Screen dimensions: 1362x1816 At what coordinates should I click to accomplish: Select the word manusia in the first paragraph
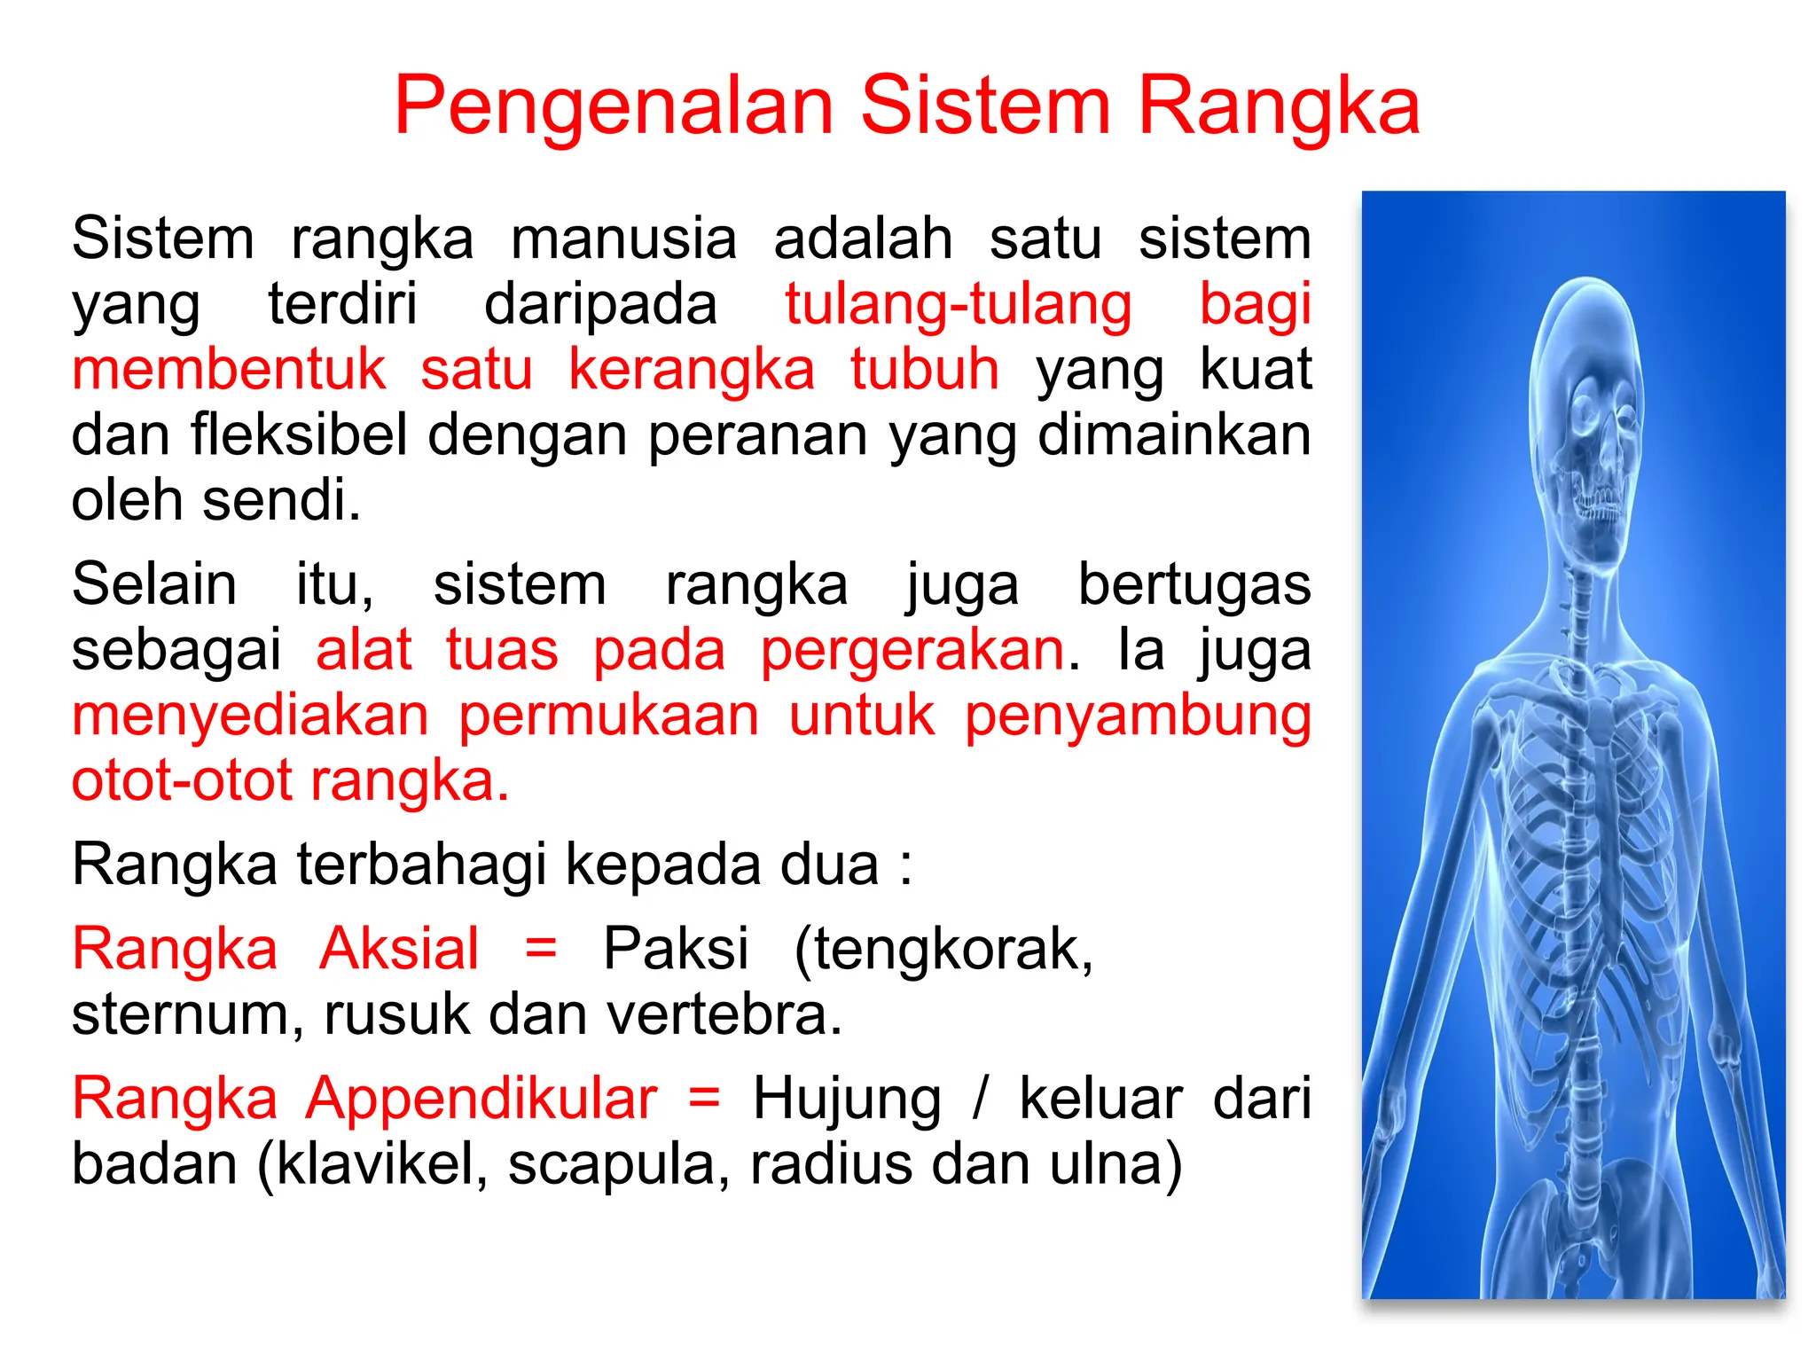623,239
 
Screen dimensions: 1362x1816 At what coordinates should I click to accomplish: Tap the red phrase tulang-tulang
958,305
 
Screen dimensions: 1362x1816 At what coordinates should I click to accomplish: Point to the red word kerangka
691,370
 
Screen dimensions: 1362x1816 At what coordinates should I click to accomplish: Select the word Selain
154,585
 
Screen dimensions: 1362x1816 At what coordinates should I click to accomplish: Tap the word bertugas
1194,585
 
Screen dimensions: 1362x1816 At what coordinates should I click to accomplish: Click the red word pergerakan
912,650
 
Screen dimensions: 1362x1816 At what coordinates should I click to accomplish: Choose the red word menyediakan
250,716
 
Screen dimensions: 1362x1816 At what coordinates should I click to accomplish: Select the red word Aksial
399,949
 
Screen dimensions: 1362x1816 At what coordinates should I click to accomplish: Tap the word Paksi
676,949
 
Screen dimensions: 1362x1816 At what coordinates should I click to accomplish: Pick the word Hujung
847,1100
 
